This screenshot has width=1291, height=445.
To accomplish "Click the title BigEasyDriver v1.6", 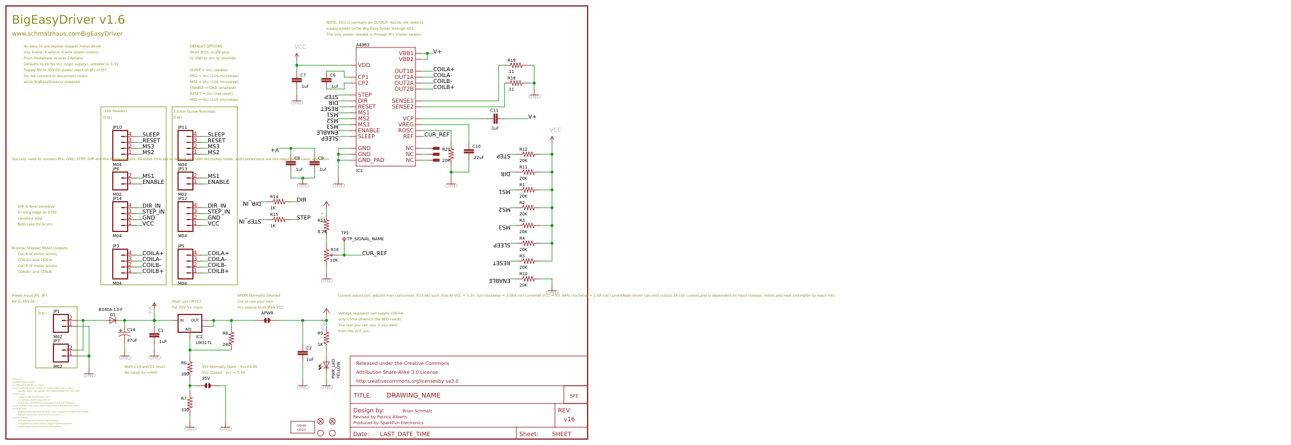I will (x=68, y=20).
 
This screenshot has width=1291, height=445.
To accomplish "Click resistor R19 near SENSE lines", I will (x=517, y=65).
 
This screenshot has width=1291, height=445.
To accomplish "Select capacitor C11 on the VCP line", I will (x=494, y=119).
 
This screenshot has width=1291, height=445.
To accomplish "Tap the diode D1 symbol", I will (x=113, y=320).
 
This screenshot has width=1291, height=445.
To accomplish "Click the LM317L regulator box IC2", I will (x=190, y=323).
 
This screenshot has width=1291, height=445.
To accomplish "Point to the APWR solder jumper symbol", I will (x=267, y=320).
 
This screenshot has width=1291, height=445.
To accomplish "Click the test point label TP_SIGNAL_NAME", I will (x=365, y=239).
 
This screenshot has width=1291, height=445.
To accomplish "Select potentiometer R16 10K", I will (x=326, y=255).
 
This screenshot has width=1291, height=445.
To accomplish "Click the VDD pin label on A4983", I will (x=364, y=65).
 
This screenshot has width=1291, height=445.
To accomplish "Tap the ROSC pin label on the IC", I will (x=405, y=131).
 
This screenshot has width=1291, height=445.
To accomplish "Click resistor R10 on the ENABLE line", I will (x=528, y=279).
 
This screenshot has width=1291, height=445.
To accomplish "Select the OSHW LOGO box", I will (x=302, y=427).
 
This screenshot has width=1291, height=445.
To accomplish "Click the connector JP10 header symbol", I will (x=120, y=144).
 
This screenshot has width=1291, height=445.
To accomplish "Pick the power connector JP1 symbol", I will (x=61, y=323).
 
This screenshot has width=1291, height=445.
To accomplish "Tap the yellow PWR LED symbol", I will (x=326, y=365).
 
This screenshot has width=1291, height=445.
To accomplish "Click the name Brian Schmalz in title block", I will (x=417, y=411).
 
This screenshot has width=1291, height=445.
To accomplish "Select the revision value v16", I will (x=569, y=419).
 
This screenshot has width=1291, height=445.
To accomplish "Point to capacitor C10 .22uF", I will (x=469, y=152).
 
